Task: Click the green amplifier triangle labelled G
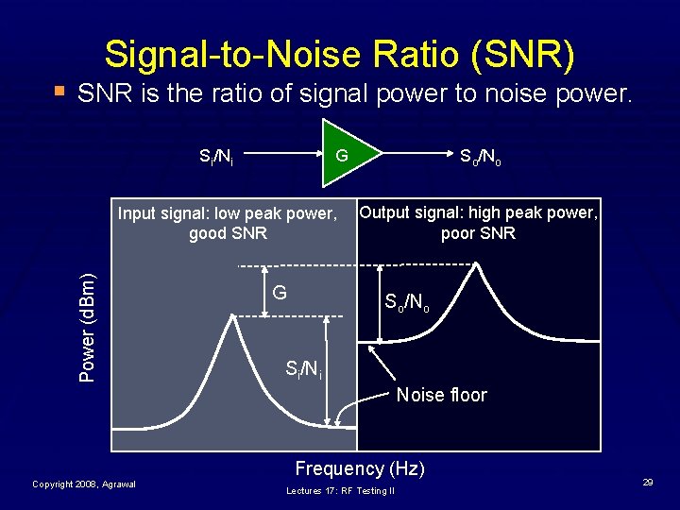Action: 346,152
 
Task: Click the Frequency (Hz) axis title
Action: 360,468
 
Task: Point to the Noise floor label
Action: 441,395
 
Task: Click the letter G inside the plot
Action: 280,292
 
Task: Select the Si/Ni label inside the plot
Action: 303,369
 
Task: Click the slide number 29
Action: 648,483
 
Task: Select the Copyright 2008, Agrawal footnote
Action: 84,484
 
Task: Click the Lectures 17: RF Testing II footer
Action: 341,491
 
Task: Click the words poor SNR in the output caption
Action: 478,233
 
